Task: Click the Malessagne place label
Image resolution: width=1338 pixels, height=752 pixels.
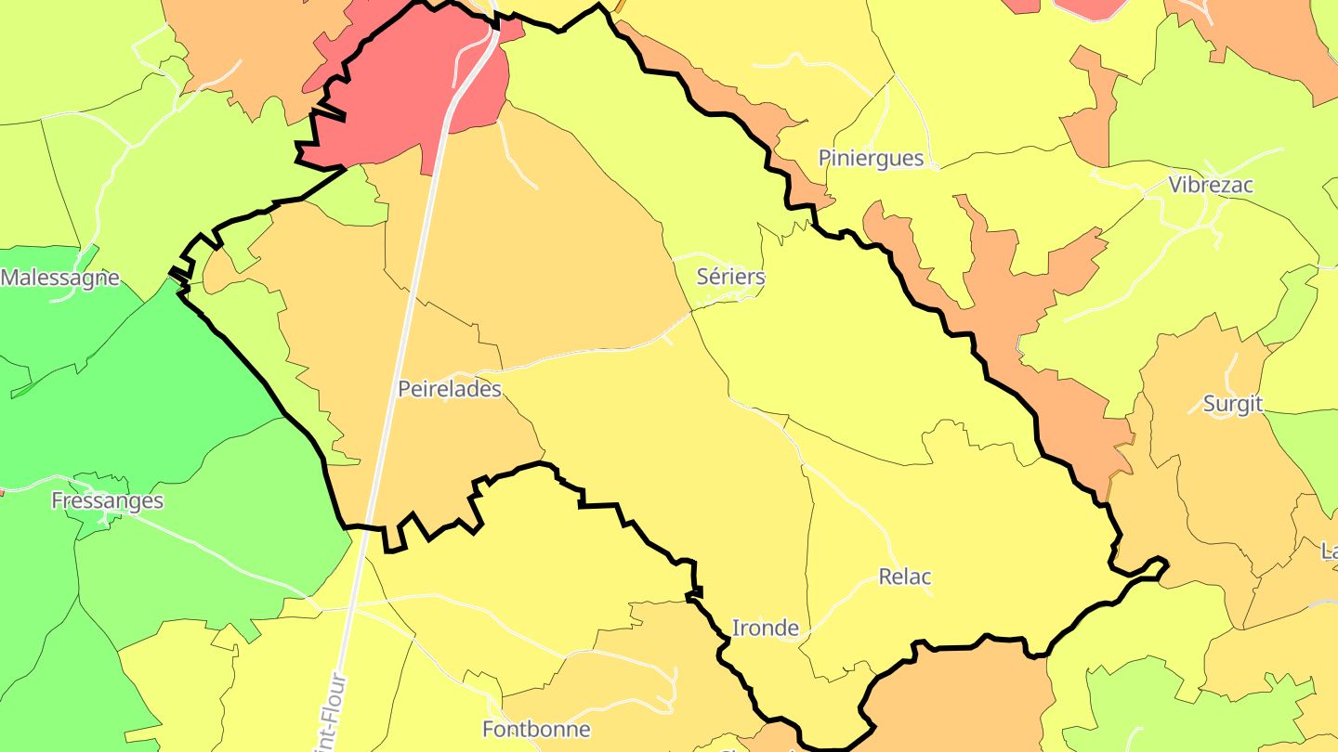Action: (60, 278)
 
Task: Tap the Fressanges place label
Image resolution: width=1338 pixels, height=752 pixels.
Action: (107, 501)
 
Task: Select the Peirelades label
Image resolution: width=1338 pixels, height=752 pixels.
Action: (450, 389)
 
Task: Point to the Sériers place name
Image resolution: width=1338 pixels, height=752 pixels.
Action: (731, 277)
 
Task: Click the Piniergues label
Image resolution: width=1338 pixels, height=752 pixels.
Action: (872, 159)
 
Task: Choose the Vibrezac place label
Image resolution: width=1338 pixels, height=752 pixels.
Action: (1211, 185)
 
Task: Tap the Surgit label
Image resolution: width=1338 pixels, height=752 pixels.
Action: (1233, 404)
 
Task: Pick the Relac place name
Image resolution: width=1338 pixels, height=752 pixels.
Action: (905, 577)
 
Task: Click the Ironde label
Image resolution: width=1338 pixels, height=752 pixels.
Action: (766, 629)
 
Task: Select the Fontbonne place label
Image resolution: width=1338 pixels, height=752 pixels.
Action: (536, 729)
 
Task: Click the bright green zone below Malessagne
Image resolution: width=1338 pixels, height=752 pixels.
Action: (139, 371)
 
